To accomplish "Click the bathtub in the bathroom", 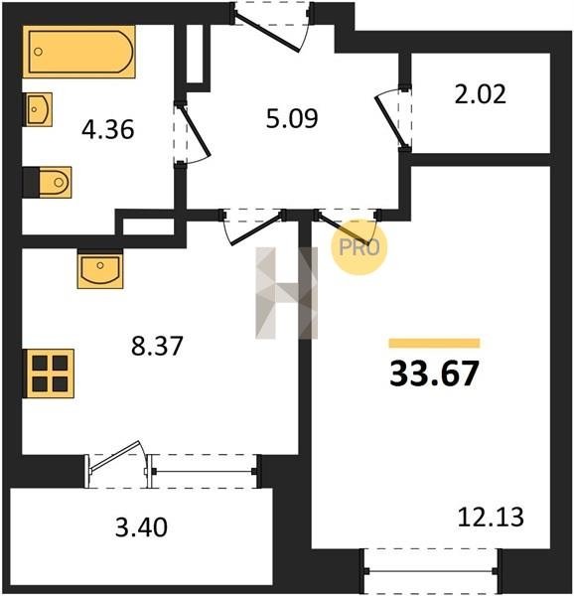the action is point(79,52).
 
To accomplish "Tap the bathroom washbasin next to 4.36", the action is point(39,109).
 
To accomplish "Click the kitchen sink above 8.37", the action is point(100,269).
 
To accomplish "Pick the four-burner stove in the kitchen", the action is point(49,373).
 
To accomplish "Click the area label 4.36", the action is point(108,129).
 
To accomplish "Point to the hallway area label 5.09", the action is point(292,118).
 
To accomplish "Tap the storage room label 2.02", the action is point(481,94).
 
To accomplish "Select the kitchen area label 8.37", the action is point(157,346).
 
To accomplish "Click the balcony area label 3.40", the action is point(141,527).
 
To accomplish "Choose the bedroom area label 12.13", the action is point(491,517).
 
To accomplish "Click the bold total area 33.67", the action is point(434,373).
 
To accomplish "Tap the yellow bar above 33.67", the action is point(434,344).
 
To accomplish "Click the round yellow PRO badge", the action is point(359,247).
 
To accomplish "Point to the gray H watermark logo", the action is point(286,293).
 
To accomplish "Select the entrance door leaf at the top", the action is point(267,32).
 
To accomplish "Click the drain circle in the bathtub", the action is point(38,52).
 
